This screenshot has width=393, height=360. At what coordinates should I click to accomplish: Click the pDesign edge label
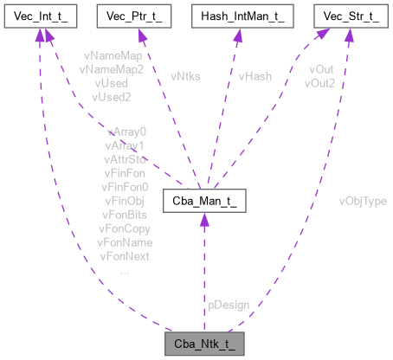click(229, 305)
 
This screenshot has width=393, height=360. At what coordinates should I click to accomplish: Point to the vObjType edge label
click(362, 201)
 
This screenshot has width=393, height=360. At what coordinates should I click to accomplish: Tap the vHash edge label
click(254, 76)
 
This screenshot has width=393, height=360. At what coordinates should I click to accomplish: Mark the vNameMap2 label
click(111, 68)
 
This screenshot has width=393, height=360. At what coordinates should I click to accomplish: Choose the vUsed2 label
click(111, 96)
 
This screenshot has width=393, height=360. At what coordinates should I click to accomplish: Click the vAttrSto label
click(126, 160)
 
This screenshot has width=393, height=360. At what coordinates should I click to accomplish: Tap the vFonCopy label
click(124, 228)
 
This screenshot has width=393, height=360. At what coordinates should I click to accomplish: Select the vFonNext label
click(124, 256)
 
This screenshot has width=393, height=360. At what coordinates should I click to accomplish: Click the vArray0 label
click(126, 132)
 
